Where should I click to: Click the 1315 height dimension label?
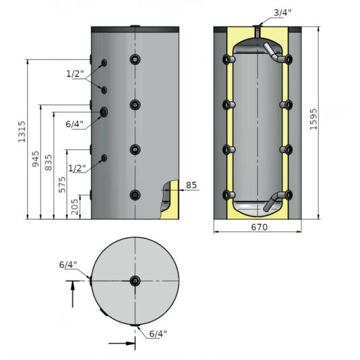coord(22,132)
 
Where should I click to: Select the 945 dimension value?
coord(35,159)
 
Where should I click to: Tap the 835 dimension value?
coord(48,162)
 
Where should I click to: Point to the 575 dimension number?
coord(62,185)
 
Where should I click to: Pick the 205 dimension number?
coord(75,207)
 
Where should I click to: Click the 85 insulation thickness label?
coord(192,185)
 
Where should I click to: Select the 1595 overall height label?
coord(313,119)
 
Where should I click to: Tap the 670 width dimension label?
coord(259,227)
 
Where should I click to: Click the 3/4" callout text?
coord(283,13)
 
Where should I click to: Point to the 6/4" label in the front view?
coord(75,124)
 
